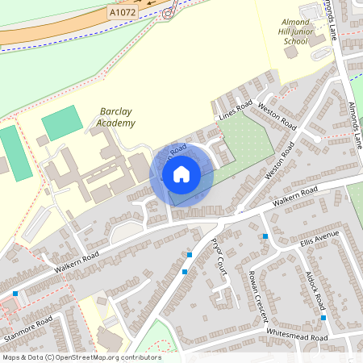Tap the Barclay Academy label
(x=117, y=117)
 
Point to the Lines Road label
(x=236, y=111)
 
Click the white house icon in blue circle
(x=181, y=174)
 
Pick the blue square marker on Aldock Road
(x=323, y=317)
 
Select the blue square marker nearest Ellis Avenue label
(x=265, y=236)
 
